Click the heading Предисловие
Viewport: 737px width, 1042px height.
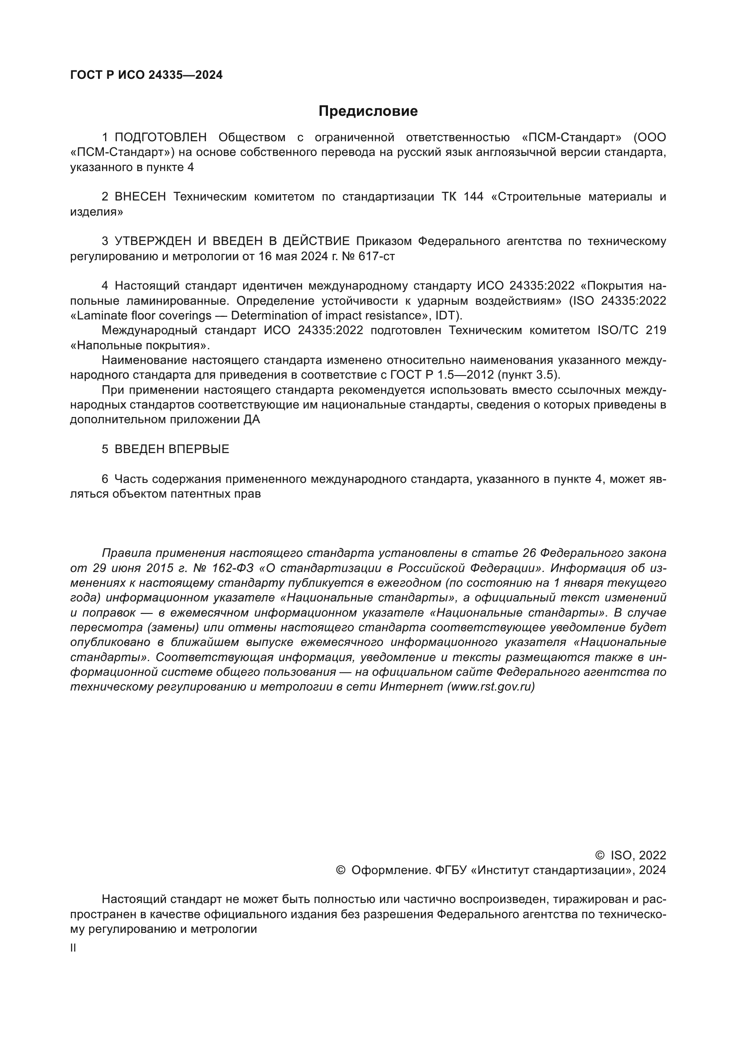pyautogui.click(x=368, y=111)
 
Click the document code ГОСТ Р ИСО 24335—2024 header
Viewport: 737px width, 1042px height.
pyautogui.click(x=147, y=75)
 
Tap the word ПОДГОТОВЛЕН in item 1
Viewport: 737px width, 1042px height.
pyautogui.click(x=161, y=138)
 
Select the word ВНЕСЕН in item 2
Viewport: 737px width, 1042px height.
pyautogui.click(x=140, y=197)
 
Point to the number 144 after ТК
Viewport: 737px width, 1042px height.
pyautogui.click(x=473, y=197)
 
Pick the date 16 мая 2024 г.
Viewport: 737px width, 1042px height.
pyautogui.click(x=298, y=257)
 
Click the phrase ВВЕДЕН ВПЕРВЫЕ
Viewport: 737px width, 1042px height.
pyautogui.click(x=172, y=449)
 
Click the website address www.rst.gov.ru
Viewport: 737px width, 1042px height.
pyautogui.click(x=491, y=686)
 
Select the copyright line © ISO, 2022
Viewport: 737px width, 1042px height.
pyautogui.click(x=631, y=855)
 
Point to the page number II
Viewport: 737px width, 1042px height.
pyautogui.click(x=73, y=948)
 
